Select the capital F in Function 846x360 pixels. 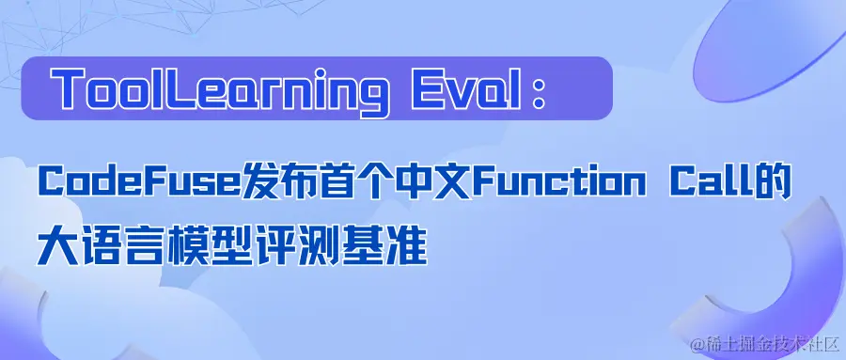(479, 182)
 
